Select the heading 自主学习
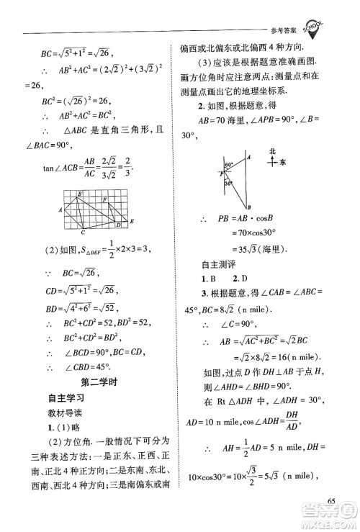(66, 397)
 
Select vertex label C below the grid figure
(84, 233)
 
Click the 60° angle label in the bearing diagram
(228, 165)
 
